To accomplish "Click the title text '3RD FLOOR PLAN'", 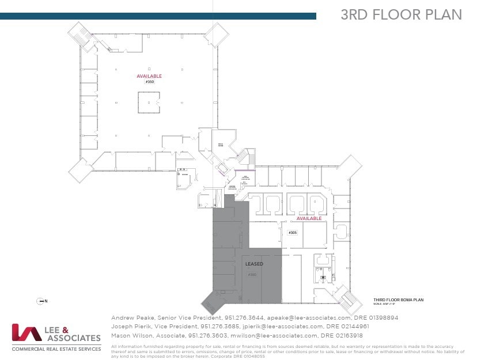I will (x=401, y=15).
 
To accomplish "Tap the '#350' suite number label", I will (x=149, y=82).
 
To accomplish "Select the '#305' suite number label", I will (x=292, y=233).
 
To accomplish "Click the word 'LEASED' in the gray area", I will (x=255, y=264).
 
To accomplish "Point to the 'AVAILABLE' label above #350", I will (x=149, y=76).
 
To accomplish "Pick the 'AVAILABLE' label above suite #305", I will (x=309, y=219).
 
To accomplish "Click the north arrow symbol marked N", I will (x=41, y=301).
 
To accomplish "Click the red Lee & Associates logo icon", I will (x=25, y=333).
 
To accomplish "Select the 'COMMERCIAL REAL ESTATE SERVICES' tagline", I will (x=56, y=348).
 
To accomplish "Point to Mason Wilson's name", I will (x=128, y=335).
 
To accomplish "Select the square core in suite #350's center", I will (x=149, y=102).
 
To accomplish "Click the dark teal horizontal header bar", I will (x=158, y=16).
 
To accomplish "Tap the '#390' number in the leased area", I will (x=252, y=275).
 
